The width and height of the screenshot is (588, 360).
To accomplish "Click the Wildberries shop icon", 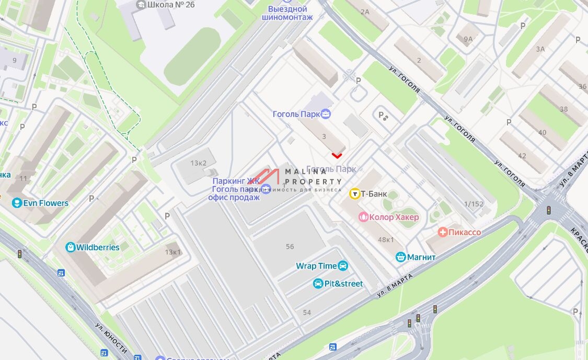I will (x=71, y=247).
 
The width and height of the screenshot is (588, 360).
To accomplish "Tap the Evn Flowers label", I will (x=45, y=203).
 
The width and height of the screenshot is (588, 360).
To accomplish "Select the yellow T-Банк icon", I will (x=354, y=194).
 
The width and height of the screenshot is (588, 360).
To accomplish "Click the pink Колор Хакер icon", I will (x=363, y=217).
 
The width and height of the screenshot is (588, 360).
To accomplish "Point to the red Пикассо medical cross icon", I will (x=443, y=232).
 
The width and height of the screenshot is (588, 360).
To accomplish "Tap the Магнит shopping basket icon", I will (x=401, y=257).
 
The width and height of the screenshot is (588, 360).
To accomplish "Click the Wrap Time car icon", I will (x=343, y=266).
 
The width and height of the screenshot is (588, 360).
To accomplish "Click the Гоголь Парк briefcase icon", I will (x=326, y=113).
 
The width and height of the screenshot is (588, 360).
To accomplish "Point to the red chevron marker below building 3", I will (x=337, y=155).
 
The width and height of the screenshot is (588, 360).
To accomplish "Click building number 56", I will (x=290, y=246).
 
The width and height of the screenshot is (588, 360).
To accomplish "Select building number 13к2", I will (x=199, y=163).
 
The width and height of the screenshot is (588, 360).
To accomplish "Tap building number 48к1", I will (x=386, y=239).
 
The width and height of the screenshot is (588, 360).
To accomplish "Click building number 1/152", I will (x=474, y=204).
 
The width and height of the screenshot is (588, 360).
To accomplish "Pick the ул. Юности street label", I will (x=111, y=338).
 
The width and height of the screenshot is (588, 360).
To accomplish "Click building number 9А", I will (x=468, y=39).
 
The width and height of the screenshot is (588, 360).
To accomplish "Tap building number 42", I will (x=522, y=156).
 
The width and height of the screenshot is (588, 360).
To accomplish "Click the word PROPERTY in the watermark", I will (x=314, y=181).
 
